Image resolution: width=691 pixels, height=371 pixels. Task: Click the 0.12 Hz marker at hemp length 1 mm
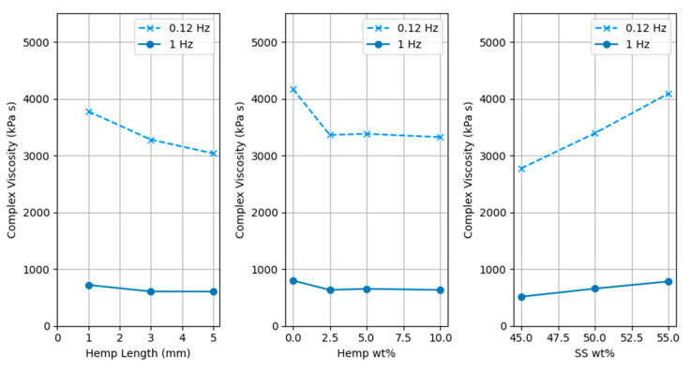click(x=89, y=111)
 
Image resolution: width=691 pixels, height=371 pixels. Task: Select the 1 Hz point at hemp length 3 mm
click(x=151, y=291)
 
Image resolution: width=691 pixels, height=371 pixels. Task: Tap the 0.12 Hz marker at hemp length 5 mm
click(x=213, y=154)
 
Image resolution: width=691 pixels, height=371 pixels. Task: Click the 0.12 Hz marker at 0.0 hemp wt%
click(x=293, y=89)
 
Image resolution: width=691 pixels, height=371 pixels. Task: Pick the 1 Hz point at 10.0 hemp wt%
click(x=441, y=290)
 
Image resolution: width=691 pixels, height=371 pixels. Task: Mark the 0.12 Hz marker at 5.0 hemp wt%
click(x=367, y=134)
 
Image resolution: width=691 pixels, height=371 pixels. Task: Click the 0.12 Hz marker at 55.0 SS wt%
click(x=668, y=94)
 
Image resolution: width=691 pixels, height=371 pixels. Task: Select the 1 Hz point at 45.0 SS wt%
click(x=521, y=297)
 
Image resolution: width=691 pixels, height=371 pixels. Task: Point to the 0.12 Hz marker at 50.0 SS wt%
click(x=594, y=133)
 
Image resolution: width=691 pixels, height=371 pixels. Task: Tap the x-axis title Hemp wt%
click(x=367, y=355)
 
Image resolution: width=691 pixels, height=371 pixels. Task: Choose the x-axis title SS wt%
click(x=594, y=355)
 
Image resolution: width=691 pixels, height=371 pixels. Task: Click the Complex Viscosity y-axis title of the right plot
click(x=470, y=170)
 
